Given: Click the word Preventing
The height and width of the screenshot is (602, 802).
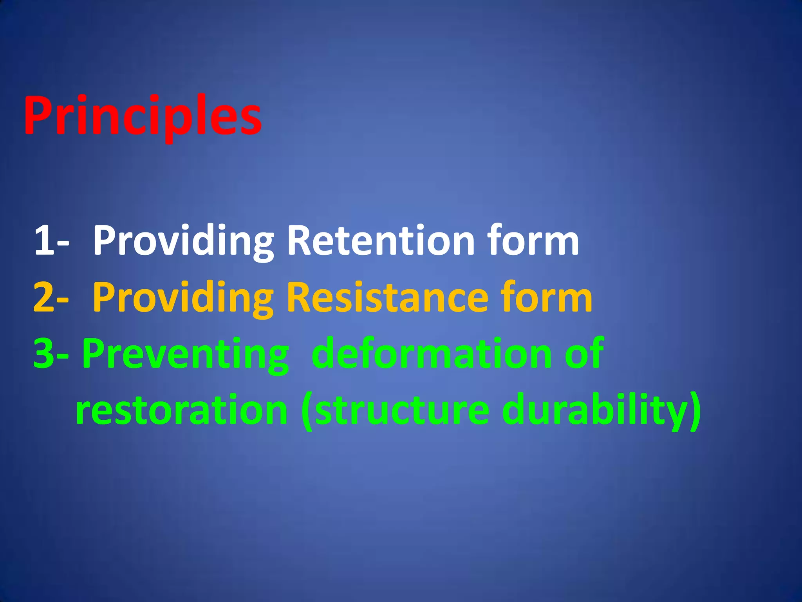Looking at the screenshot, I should tap(185, 354).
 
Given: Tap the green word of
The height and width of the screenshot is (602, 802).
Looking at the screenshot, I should tap(583, 354).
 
